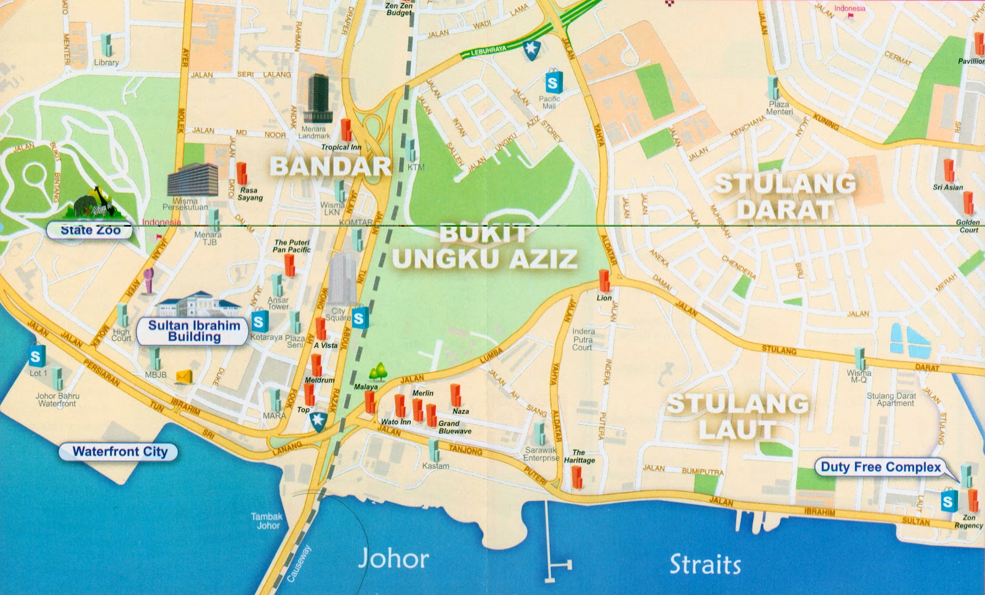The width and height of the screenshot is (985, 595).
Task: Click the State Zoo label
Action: pyautogui.click(x=90, y=230)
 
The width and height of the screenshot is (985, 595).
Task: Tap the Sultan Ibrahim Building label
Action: pyautogui.click(x=195, y=331)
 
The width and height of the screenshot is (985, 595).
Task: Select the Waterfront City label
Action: pyautogui.click(x=119, y=451)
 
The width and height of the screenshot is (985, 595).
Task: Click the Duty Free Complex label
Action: pyautogui.click(x=880, y=467)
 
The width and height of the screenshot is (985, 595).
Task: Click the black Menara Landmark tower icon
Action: pyautogui.click(x=319, y=99)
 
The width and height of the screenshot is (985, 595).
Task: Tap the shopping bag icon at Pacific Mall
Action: pyautogui.click(x=553, y=82)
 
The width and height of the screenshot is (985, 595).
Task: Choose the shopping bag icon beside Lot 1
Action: pyautogui.click(x=36, y=355)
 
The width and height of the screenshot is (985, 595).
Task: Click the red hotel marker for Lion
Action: pyautogui.click(x=605, y=280)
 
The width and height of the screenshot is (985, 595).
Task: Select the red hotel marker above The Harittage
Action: pyautogui.click(x=577, y=477)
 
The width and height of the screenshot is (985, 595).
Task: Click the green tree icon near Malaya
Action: pyautogui.click(x=378, y=372)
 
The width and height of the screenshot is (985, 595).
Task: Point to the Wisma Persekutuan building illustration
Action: pyautogui.click(x=193, y=179)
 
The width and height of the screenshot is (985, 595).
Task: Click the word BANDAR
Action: pyautogui.click(x=331, y=166)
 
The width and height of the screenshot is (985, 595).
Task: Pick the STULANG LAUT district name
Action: pyautogui.click(x=738, y=417)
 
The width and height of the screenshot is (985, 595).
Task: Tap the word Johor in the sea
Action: pyautogui.click(x=393, y=559)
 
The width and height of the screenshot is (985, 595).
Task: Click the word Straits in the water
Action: pyautogui.click(x=705, y=564)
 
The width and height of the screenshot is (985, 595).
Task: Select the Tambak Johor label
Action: pyautogui.click(x=267, y=521)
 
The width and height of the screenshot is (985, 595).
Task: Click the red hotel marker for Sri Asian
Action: pyautogui.click(x=949, y=170)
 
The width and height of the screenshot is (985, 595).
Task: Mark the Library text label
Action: pyautogui.click(x=107, y=62)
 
